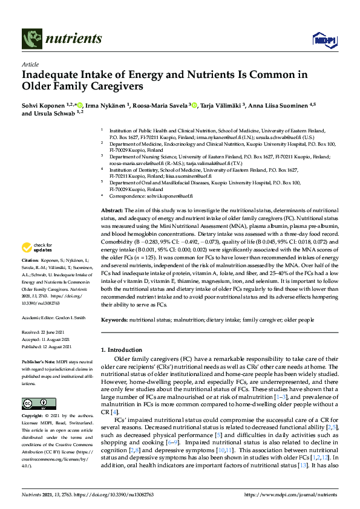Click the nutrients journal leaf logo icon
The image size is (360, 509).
coord(31,39)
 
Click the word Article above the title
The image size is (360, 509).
coord(30,64)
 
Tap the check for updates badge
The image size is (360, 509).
coord(37,247)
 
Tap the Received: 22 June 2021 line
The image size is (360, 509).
coord(46,332)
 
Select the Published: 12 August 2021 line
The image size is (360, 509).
coord(48,346)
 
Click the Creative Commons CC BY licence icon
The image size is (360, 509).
coord(34,403)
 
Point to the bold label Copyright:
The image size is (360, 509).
coord(33,417)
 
